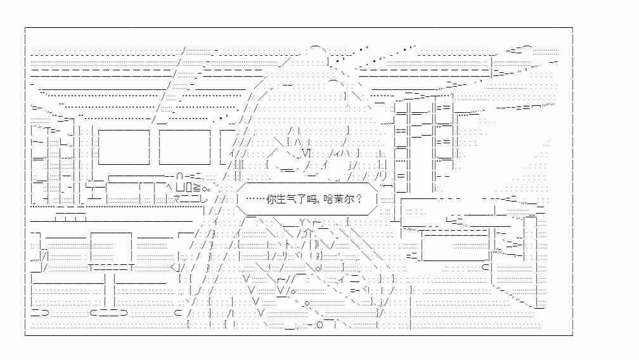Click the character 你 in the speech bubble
pyautogui.click(x=272, y=200)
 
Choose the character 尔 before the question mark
pyautogui.click(x=348, y=200)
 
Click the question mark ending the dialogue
pyautogui.click(x=359, y=200)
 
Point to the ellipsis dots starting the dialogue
pyautogui.click(x=255, y=200)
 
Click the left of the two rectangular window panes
pyautogui.click(x=124, y=147)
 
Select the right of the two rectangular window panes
pyautogui.click(x=184, y=147)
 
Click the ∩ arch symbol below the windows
pyautogui.click(x=180, y=177)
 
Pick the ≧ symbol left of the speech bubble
pyautogui.click(x=196, y=188)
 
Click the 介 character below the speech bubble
pyautogui.click(x=309, y=233)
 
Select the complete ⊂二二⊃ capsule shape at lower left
pyautogui.click(x=109, y=312)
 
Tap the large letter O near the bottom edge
pyautogui.click(x=320, y=325)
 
